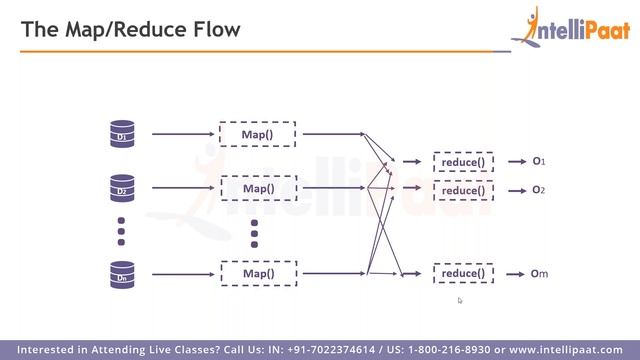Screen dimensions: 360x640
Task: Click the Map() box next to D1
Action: coord(257,133)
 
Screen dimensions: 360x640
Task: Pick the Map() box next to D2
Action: coord(257,187)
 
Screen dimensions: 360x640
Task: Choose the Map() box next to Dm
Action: coord(257,272)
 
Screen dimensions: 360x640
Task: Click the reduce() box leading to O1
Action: coord(462,162)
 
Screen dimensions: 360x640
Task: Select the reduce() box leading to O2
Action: coord(462,190)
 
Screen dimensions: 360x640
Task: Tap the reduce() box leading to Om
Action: coord(462,273)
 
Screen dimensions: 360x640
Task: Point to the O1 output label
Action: coord(538,161)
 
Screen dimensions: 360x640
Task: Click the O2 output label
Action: coord(538,190)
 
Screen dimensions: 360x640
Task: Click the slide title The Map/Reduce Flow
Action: coord(131,30)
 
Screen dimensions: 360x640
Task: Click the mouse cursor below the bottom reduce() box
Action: coord(460,300)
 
